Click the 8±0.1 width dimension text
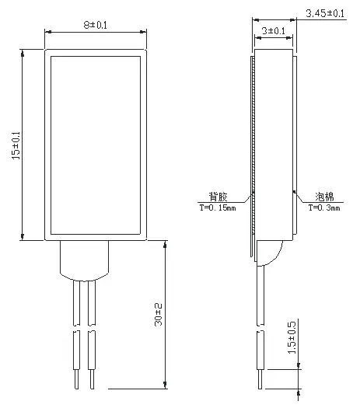pyautogui.click(x=96, y=25)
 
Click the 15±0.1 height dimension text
pyautogui.click(x=16, y=145)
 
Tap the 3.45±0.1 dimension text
pyautogui.click(x=325, y=14)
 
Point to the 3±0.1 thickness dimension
pyautogui.click(x=272, y=30)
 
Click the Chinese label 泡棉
pyautogui.click(x=325, y=197)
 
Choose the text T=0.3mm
pyautogui.click(x=324, y=207)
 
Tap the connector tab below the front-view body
pyautogui.click(x=85, y=260)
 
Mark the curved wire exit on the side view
pyautogui.click(x=271, y=253)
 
